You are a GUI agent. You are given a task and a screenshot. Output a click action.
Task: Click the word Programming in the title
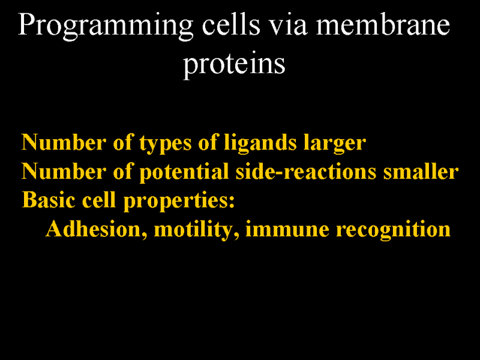point(106,26)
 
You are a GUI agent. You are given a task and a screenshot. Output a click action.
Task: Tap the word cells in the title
point(231,25)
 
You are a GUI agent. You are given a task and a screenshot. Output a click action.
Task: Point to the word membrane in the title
point(383,25)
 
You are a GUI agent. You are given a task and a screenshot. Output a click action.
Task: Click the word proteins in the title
point(234,65)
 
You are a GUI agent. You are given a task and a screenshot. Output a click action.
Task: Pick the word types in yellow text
point(166,143)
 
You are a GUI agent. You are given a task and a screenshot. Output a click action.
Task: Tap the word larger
point(335,143)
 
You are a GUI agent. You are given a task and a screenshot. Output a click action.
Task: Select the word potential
point(184,172)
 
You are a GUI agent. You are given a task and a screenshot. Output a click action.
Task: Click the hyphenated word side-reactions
point(306,172)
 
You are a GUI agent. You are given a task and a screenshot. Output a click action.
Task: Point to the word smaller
point(421,172)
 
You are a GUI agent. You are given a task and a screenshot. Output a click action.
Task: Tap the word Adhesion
point(96,229)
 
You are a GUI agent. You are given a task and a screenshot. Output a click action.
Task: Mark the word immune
point(287,230)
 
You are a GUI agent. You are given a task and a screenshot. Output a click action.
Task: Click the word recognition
point(393,230)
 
